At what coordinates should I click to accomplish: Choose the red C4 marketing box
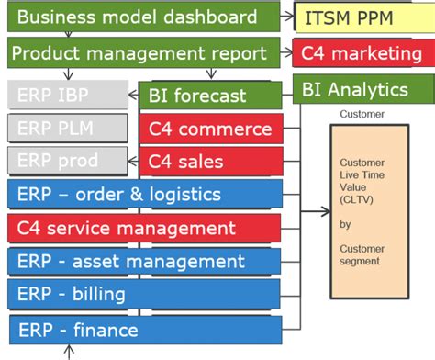(x=362, y=54)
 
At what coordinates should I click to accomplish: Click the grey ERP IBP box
(x=67, y=95)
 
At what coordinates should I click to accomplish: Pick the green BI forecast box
(x=210, y=96)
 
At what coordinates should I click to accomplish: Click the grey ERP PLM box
(x=67, y=129)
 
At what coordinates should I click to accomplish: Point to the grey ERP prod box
(x=67, y=162)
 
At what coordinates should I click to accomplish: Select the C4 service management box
(x=144, y=229)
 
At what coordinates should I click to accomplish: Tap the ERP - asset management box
(x=144, y=263)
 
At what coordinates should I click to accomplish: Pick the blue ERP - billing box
(x=144, y=296)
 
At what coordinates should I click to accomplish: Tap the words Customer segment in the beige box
(x=358, y=254)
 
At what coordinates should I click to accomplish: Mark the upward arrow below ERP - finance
(x=67, y=353)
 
